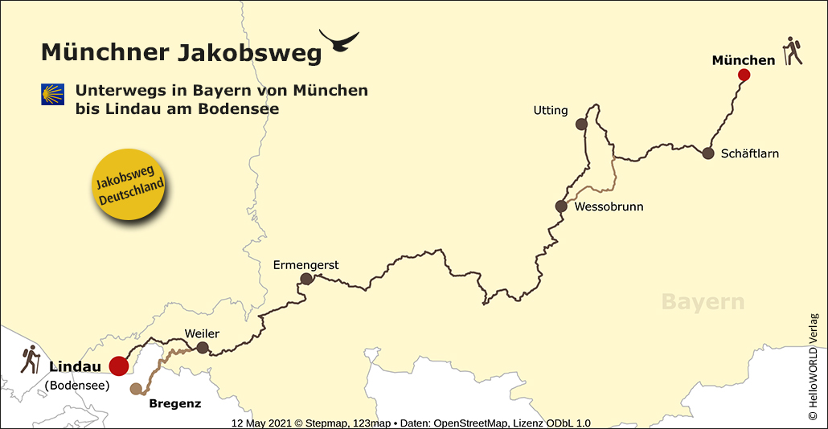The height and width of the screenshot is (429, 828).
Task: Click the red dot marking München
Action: click(744, 75)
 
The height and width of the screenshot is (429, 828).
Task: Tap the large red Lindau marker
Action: click(119, 366)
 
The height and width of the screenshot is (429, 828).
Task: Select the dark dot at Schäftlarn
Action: click(708, 153)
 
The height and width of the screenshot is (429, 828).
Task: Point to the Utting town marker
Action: click(581, 125)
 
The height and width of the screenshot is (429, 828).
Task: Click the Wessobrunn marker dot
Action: click(561, 206)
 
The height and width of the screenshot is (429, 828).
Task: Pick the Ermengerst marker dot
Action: click(306, 279)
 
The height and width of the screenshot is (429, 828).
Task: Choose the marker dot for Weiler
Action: click(203, 348)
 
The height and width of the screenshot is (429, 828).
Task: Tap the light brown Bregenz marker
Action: click(136, 390)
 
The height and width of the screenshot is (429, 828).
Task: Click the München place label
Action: click(744, 59)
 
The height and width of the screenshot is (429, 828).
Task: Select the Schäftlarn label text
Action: click(749, 153)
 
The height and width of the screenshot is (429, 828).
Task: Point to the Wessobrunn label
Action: click(609, 206)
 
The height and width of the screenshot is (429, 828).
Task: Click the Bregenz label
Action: click(175, 403)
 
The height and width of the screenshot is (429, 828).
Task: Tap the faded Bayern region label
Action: click(703, 302)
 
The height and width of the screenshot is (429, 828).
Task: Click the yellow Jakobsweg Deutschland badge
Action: click(130, 184)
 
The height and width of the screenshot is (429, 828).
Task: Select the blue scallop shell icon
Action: click(52, 94)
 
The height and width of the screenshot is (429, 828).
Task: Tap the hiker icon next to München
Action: click(793, 51)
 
